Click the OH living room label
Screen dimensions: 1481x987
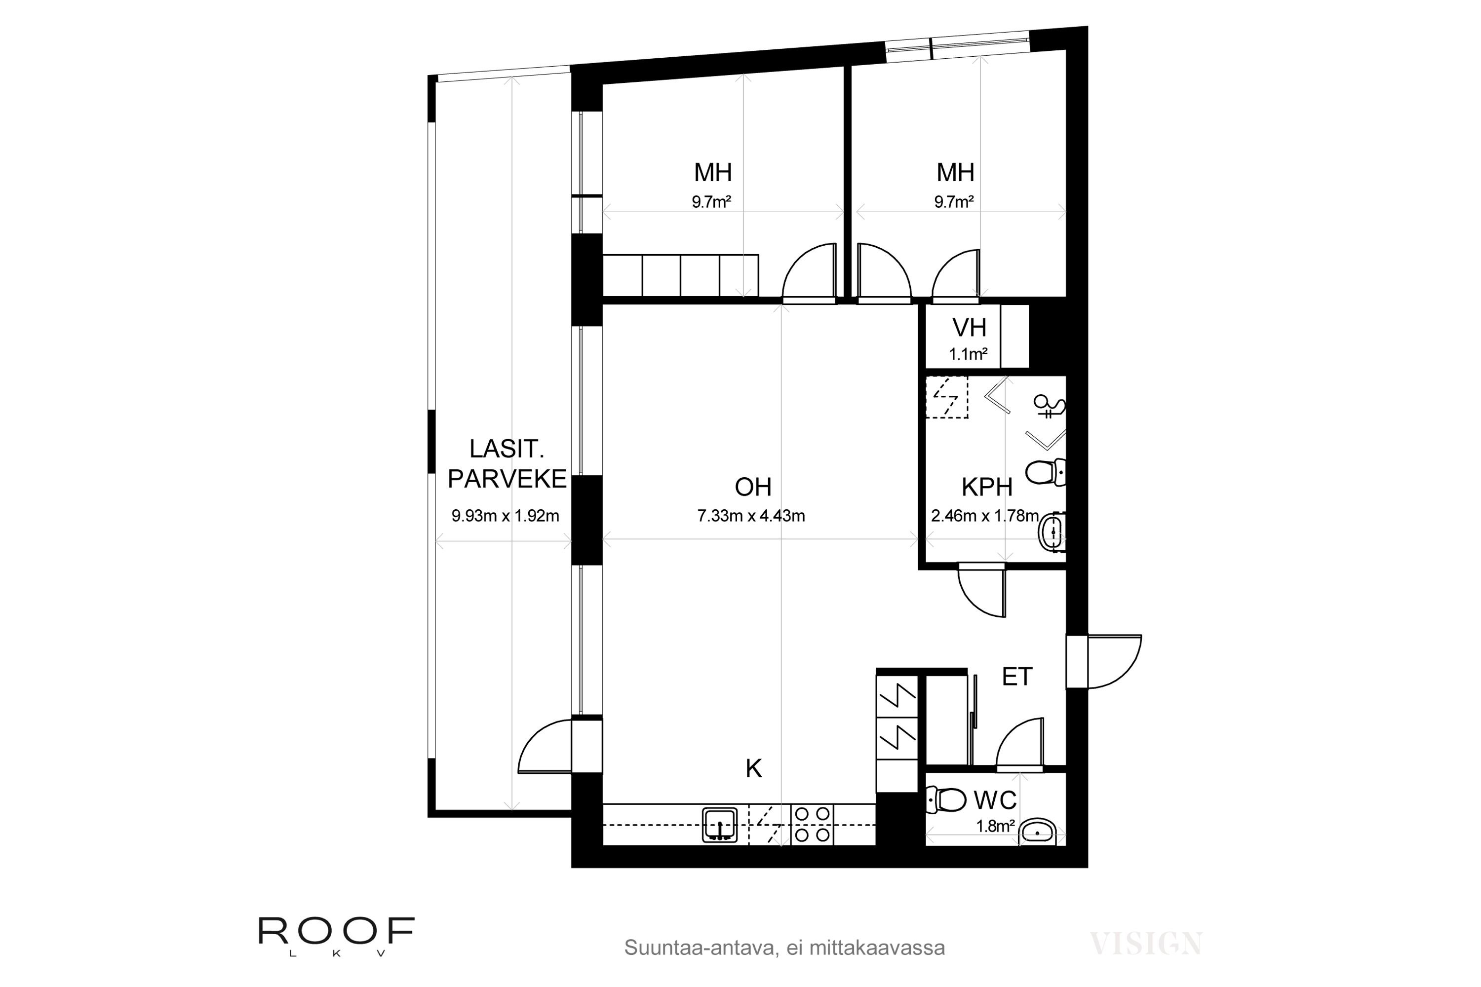click(753, 487)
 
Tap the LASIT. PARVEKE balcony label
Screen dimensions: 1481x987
click(507, 464)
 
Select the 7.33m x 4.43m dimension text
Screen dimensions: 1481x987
click(751, 516)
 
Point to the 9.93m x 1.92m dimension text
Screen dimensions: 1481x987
click(506, 516)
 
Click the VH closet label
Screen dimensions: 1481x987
click(969, 328)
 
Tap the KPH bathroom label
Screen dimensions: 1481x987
click(987, 487)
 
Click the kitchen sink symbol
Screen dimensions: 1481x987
click(720, 825)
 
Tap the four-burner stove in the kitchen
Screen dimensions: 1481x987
click(812, 825)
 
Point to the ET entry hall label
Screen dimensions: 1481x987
click(1017, 677)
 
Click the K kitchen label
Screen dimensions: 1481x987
click(754, 768)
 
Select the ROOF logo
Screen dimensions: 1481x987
click(337, 936)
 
